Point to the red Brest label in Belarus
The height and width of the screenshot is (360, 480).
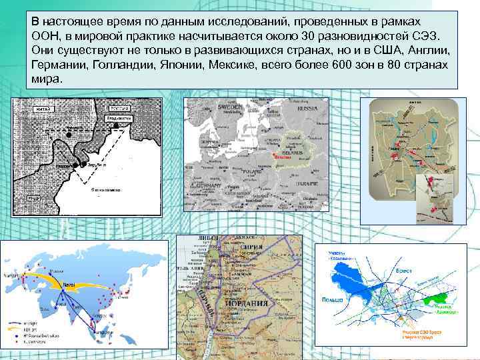click(x=282, y=157)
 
